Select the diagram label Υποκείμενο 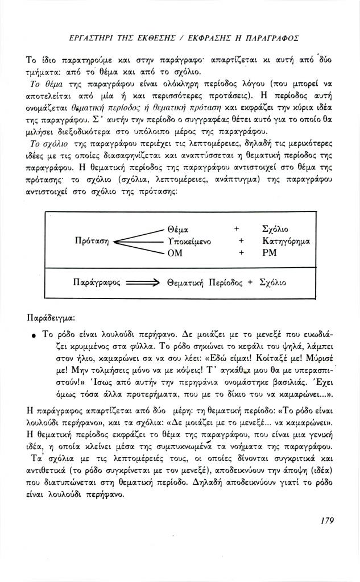click(190, 241)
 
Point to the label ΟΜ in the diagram click(175, 253)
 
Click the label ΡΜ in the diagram click(270, 253)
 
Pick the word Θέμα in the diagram click(178, 229)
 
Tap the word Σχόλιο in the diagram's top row click(276, 229)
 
